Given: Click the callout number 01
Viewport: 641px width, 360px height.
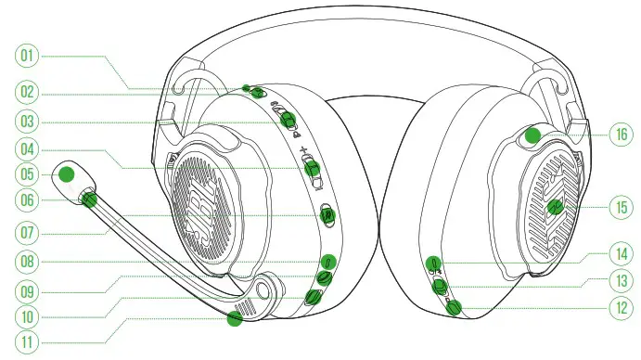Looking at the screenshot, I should [28, 57].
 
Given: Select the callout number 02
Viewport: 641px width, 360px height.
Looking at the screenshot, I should [28, 91].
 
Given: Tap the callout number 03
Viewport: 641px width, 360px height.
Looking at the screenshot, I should [28, 121].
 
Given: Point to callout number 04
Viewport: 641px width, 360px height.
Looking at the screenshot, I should [28, 149].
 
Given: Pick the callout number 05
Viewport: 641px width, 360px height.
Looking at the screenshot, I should [28, 174].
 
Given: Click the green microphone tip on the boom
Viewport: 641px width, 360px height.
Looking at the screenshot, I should [67, 174].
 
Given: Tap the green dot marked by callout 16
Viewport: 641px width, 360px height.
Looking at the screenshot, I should [532, 135].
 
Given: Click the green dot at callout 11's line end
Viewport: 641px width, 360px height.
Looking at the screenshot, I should [234, 319].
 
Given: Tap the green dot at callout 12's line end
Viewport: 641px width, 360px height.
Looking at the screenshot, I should [454, 307].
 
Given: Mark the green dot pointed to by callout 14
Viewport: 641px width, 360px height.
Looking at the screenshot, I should [433, 264].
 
